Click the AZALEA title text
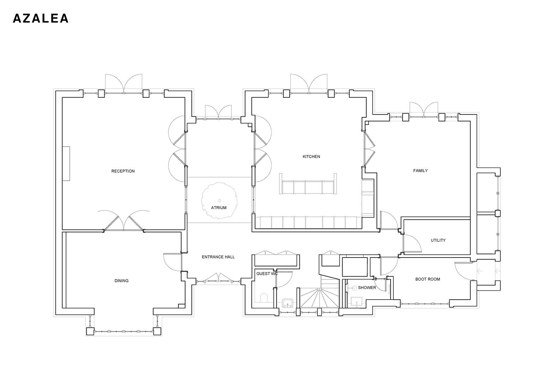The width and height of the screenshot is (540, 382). pos(41,19)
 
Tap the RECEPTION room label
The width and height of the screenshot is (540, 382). pos(123,171)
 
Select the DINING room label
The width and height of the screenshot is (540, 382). pos(121,281)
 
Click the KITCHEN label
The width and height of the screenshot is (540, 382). pos(311,157)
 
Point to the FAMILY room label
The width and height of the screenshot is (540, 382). pos(420,171)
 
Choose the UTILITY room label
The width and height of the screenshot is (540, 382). pos(438,241)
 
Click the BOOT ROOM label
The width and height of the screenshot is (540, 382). pos(427,279)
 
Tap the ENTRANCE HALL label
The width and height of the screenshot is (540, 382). pos(218,257)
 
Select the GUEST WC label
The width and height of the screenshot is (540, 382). pos(267,274)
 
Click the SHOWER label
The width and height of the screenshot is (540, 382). pos(367,288)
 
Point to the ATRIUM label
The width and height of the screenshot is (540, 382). pos(219,208)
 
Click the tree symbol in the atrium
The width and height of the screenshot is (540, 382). pos(219,200)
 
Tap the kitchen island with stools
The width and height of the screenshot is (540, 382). pos(307,184)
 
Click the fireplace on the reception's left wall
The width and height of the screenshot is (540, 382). pos(66,163)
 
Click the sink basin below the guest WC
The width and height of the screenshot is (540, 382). pos(287,303)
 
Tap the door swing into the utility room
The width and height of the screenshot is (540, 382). pos(412,243)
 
